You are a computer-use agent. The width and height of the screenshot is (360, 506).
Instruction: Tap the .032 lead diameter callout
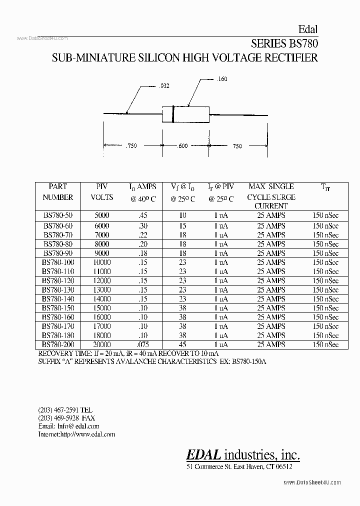(x=164, y=86)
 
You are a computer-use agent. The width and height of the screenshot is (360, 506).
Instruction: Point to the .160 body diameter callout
(x=222, y=79)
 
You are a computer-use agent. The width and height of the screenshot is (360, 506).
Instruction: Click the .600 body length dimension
(x=182, y=146)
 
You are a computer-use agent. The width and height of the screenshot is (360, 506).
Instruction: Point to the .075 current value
(x=143, y=344)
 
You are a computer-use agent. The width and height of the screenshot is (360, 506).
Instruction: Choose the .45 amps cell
(x=143, y=215)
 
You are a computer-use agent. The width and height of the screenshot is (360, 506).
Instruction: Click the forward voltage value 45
(x=182, y=344)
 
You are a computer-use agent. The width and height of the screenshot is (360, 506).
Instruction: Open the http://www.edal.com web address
(x=87, y=434)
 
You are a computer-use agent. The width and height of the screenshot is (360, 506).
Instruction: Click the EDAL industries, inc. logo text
(x=243, y=454)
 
